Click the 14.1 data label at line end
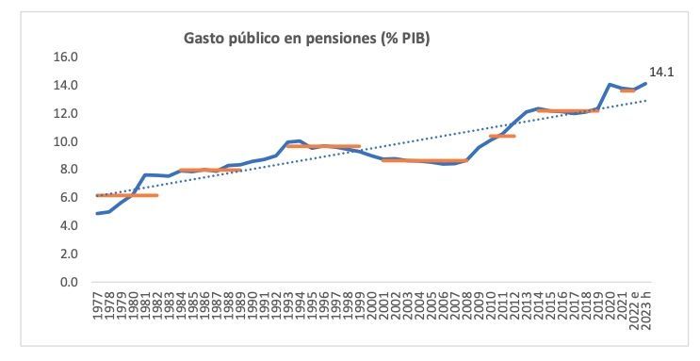tap(660, 72)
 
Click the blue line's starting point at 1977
tap(98, 213)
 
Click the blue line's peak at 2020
tap(610, 85)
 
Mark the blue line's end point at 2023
tap(646, 83)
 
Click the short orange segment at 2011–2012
tap(502, 136)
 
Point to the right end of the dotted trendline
tap(646, 100)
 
